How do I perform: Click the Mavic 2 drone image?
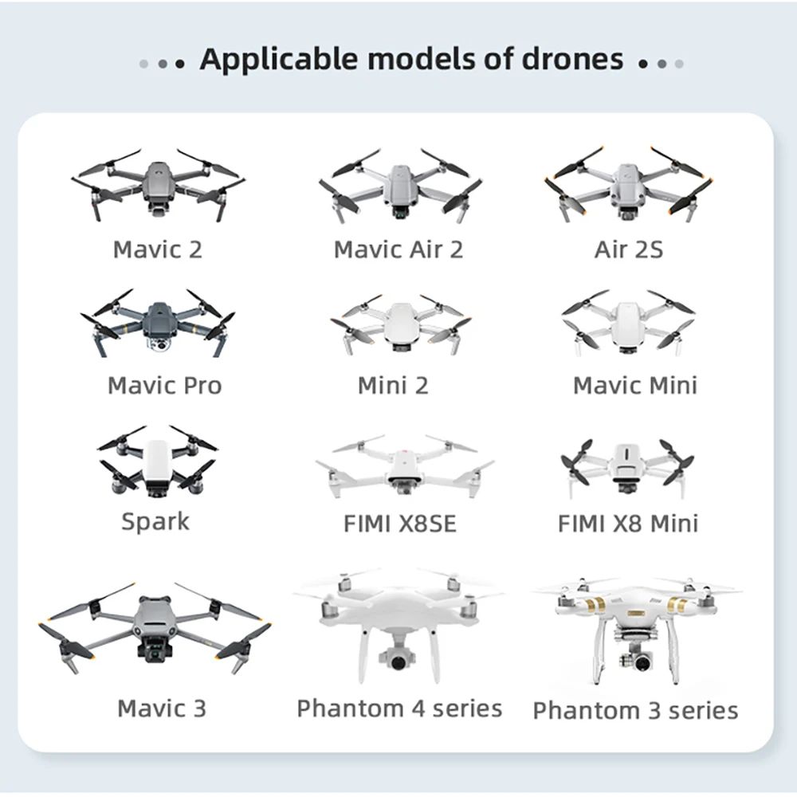tap(158, 184)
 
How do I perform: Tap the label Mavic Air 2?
tap(398, 249)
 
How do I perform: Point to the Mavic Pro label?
tap(164, 386)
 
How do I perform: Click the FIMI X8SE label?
tap(400, 524)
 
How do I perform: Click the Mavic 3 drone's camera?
tap(152, 650)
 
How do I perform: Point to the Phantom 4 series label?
tap(399, 709)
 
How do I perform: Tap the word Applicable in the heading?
tap(263, 59)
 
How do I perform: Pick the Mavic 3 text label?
tap(162, 708)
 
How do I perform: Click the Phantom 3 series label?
tap(635, 710)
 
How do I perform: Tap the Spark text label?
tap(155, 522)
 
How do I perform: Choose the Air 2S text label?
tap(628, 249)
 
